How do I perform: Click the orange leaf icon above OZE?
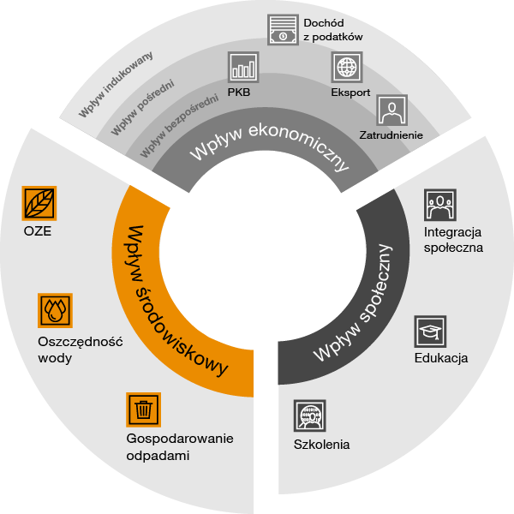(39, 203)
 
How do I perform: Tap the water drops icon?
(55, 310)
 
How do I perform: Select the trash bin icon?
(144, 409)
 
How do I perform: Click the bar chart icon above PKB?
(243, 67)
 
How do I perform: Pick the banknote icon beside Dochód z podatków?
(283, 29)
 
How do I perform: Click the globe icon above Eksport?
(347, 67)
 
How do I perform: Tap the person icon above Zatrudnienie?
(392, 111)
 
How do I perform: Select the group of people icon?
(440, 205)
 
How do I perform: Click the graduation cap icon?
(430, 332)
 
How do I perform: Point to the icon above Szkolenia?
(310, 415)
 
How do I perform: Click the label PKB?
(239, 93)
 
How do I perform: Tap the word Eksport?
(350, 93)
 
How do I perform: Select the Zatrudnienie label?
(391, 135)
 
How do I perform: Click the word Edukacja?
(441, 358)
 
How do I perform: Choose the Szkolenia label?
(321, 445)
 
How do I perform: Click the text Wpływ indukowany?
(116, 84)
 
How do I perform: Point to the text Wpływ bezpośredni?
(179, 125)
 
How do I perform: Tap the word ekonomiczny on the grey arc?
(300, 144)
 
